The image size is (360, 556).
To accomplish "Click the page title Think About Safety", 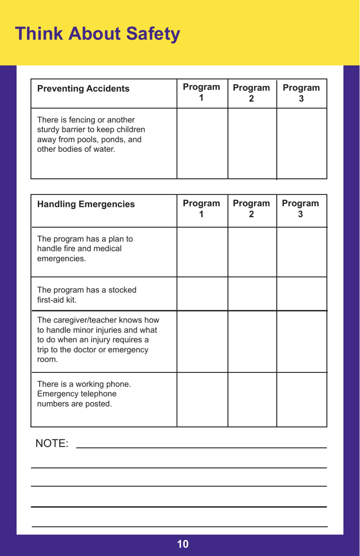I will pos(97,34).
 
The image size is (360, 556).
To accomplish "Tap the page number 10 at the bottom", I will pos(182,544).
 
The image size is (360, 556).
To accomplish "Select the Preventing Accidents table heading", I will pos(83,89).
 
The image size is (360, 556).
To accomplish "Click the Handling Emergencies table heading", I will pos(86,204).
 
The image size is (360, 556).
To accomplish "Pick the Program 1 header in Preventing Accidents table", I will pos(201,92).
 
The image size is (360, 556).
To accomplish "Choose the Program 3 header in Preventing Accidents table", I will pos(301,93).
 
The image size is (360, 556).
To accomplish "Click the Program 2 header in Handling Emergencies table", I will pos(251,209).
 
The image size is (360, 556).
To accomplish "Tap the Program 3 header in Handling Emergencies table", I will pos(300,209).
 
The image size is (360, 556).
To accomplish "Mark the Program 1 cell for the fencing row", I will pos(202,143).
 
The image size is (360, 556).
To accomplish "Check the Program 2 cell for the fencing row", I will pos(252,143).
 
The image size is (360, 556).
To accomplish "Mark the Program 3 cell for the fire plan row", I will pos(302,252).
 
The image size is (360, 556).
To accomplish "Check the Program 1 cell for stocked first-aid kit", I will pos(202,294).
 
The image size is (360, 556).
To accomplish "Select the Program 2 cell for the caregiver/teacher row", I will pos(252,341).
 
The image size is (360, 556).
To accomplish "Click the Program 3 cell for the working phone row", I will pos(302,399).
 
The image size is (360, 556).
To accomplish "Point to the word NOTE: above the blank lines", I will pos(52,443).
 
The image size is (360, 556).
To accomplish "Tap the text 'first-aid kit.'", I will pos(56,300).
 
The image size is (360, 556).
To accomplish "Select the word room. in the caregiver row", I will pos(47,360).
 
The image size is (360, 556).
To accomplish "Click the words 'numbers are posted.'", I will pos(74,404).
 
